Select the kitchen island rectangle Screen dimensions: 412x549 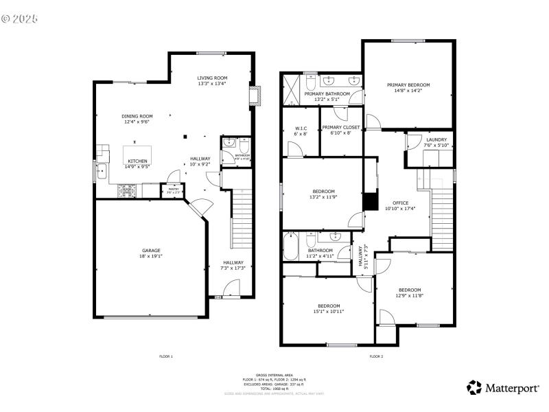(137, 152)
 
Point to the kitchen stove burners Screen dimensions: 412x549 (126, 190)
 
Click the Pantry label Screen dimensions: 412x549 (173, 190)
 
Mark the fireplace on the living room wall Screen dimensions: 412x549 (255, 96)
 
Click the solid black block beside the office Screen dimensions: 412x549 (370, 201)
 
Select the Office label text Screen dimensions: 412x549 (400, 203)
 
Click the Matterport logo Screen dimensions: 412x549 (502, 388)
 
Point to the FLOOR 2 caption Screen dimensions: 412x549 (376, 356)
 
